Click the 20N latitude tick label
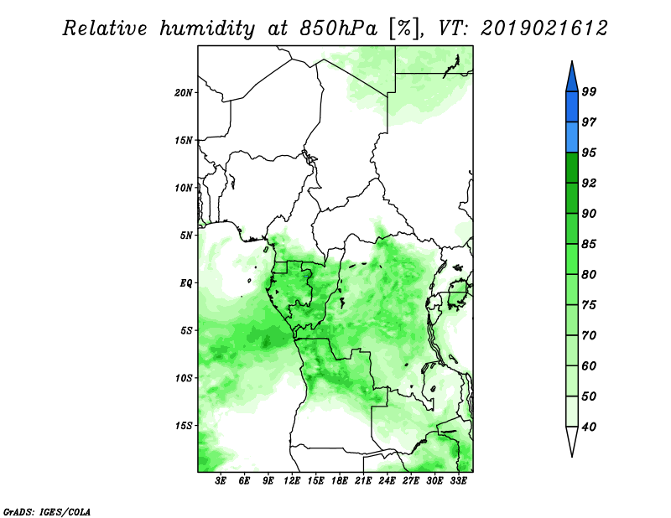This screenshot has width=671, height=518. coord(184,92)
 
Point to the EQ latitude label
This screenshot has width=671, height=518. coord(185,283)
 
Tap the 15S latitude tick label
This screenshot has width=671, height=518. coord(184,426)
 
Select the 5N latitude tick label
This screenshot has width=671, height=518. coord(186,236)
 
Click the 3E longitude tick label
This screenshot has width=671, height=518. coord(221,481)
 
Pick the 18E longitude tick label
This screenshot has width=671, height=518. coord(340,481)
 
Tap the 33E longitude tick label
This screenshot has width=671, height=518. coord(458,481)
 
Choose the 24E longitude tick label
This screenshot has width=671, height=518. coord(387,481)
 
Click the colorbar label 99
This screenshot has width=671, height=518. coord(589,91)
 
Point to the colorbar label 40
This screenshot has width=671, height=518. coord(589,427)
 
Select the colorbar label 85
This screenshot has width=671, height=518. coord(589,244)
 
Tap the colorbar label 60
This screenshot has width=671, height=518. coord(589,365)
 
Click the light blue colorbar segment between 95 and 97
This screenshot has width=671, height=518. coord(572,137)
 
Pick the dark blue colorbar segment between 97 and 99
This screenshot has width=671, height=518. coord(572,107)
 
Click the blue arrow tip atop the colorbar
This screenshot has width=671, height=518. coord(572,61)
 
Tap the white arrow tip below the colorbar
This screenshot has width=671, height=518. coord(572,456)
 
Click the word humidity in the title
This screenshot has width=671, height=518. coord(207,28)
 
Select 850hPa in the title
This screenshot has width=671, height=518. coord(338,28)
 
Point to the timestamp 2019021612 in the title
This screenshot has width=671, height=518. coord(544,28)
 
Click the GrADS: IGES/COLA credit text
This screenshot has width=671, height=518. coord(47,511)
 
